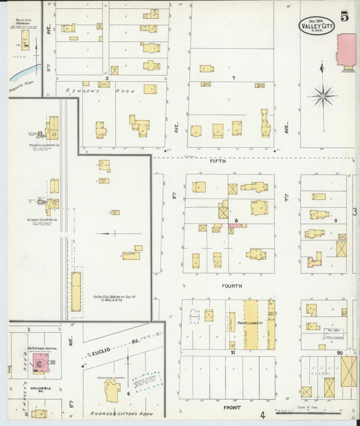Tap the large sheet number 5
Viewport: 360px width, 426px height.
(344, 18)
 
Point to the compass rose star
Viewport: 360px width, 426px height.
(323, 96)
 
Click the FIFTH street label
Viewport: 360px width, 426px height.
(217, 162)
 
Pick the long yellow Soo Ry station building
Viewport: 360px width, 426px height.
(76, 291)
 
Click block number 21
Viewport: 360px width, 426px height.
(232, 353)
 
